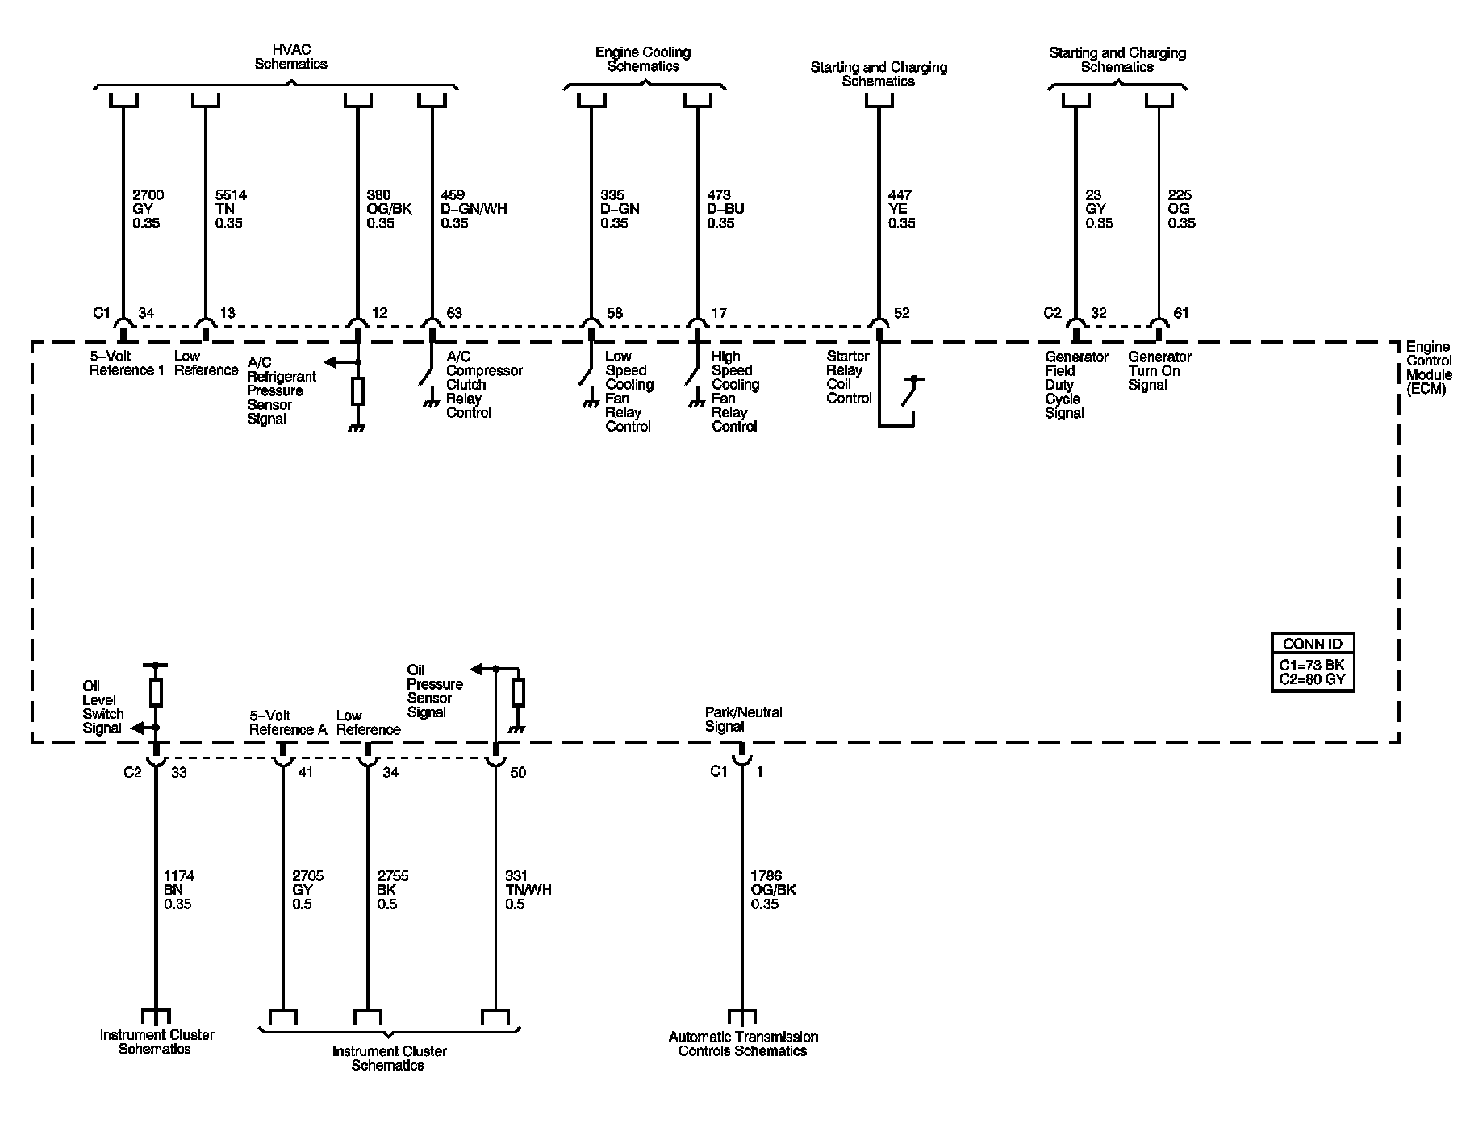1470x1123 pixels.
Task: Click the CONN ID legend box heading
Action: tap(1312, 643)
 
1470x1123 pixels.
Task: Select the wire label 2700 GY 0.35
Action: tap(147, 209)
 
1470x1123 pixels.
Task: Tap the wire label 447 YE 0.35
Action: tap(901, 209)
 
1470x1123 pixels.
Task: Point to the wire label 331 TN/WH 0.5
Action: tap(528, 890)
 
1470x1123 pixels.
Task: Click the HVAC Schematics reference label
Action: tap(290, 57)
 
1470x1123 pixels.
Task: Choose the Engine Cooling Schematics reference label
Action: tap(643, 59)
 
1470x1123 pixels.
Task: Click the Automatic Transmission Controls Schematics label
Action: tap(742, 1043)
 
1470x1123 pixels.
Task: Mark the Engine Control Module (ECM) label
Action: tap(1429, 368)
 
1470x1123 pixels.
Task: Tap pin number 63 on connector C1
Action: tap(454, 313)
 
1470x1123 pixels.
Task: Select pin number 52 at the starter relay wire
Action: tap(901, 313)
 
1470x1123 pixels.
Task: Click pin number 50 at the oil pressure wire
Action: tap(518, 772)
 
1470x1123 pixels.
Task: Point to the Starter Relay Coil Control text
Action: tap(849, 377)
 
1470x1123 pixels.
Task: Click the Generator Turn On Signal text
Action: tap(1159, 370)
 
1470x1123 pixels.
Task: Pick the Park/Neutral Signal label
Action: tap(743, 719)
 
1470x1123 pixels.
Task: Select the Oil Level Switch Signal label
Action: tap(102, 707)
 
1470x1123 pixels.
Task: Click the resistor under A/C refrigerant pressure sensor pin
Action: tap(357, 391)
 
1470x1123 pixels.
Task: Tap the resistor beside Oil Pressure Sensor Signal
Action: tap(518, 692)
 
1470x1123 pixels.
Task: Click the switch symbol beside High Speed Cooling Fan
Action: tap(692, 377)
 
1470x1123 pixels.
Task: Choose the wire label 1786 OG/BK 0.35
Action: tap(773, 890)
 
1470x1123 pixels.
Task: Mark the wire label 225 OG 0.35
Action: tap(1181, 209)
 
